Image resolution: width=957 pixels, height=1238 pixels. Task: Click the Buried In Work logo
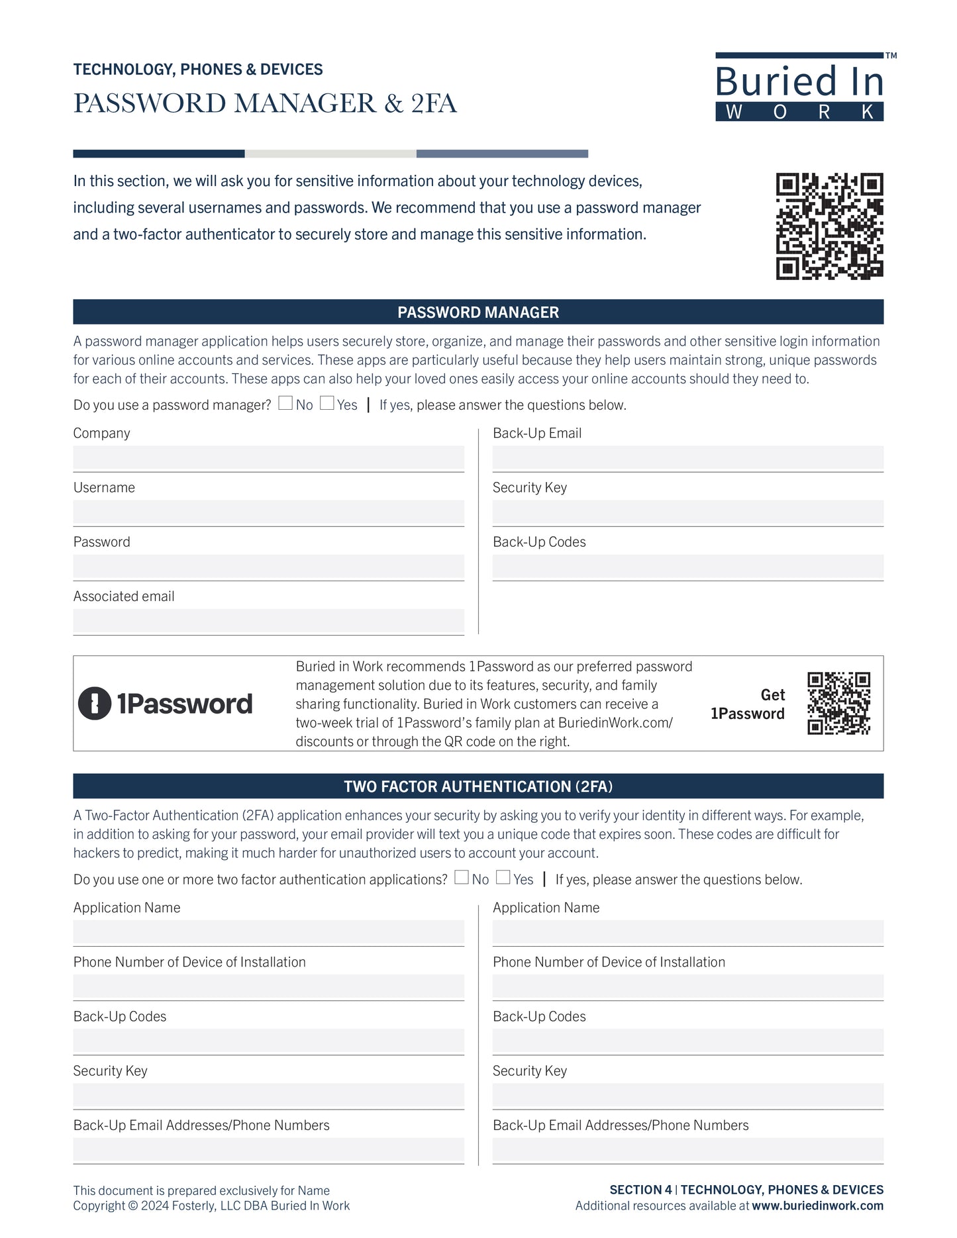(x=799, y=87)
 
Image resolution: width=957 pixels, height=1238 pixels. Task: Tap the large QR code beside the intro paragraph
(x=829, y=226)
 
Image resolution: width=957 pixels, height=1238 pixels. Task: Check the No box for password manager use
(x=285, y=403)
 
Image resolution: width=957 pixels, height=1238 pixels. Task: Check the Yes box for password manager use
(x=327, y=403)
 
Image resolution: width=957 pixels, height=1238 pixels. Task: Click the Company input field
(x=268, y=458)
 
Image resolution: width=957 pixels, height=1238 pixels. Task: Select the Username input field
(x=268, y=512)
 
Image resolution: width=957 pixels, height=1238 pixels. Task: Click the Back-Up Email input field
(x=687, y=458)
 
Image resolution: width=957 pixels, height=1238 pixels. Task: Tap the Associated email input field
(x=268, y=621)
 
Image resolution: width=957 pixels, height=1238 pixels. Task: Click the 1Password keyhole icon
(x=95, y=703)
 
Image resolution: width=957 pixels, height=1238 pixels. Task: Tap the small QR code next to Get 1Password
(x=838, y=703)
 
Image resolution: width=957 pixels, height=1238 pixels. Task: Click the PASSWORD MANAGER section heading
(x=478, y=312)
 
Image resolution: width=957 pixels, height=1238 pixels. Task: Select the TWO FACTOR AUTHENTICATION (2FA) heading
(x=478, y=786)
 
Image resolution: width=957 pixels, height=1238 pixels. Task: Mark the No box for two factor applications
(x=462, y=878)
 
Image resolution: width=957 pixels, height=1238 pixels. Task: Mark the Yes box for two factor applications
(x=503, y=878)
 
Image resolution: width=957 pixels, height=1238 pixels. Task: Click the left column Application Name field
(x=268, y=932)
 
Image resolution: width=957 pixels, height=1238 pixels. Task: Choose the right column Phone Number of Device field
(x=687, y=986)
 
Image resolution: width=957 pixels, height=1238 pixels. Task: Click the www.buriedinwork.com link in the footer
(x=817, y=1206)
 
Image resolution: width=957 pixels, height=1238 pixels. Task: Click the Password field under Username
(x=268, y=567)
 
